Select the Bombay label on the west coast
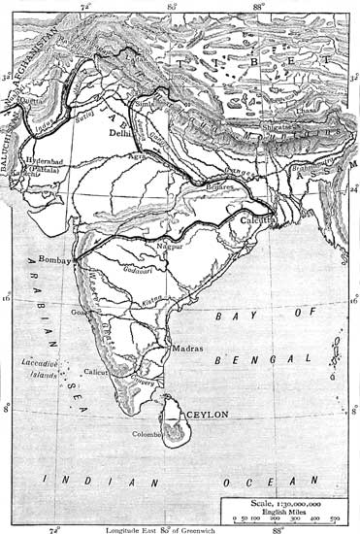59,259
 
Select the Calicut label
94,370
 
